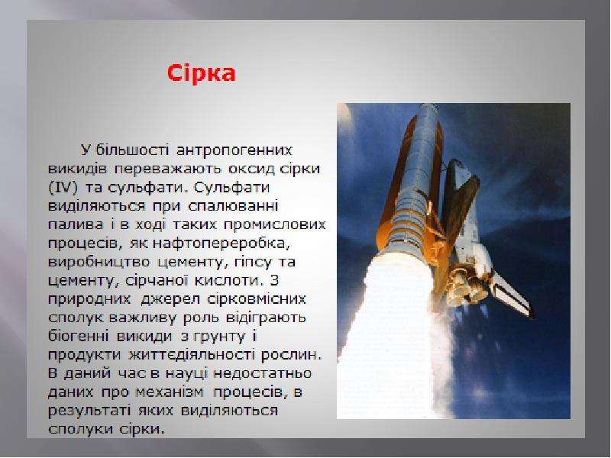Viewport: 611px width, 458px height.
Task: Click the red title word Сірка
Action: tap(201, 73)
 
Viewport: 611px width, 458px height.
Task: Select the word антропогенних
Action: tap(234, 150)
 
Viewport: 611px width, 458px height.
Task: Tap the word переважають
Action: tap(167, 169)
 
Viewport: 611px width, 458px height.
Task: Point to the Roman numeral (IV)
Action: tap(63, 188)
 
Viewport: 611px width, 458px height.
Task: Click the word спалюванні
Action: tap(233, 206)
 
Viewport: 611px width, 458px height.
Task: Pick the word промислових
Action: tap(275, 224)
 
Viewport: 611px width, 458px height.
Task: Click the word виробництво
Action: tap(99, 262)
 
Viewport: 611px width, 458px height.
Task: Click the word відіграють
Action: tap(266, 318)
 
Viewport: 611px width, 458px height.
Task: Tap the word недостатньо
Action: tap(262, 373)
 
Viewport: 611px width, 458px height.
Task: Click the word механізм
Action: tap(169, 392)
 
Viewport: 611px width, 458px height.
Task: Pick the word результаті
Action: tap(89, 411)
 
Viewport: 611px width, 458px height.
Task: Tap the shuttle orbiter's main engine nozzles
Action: tap(466, 286)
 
